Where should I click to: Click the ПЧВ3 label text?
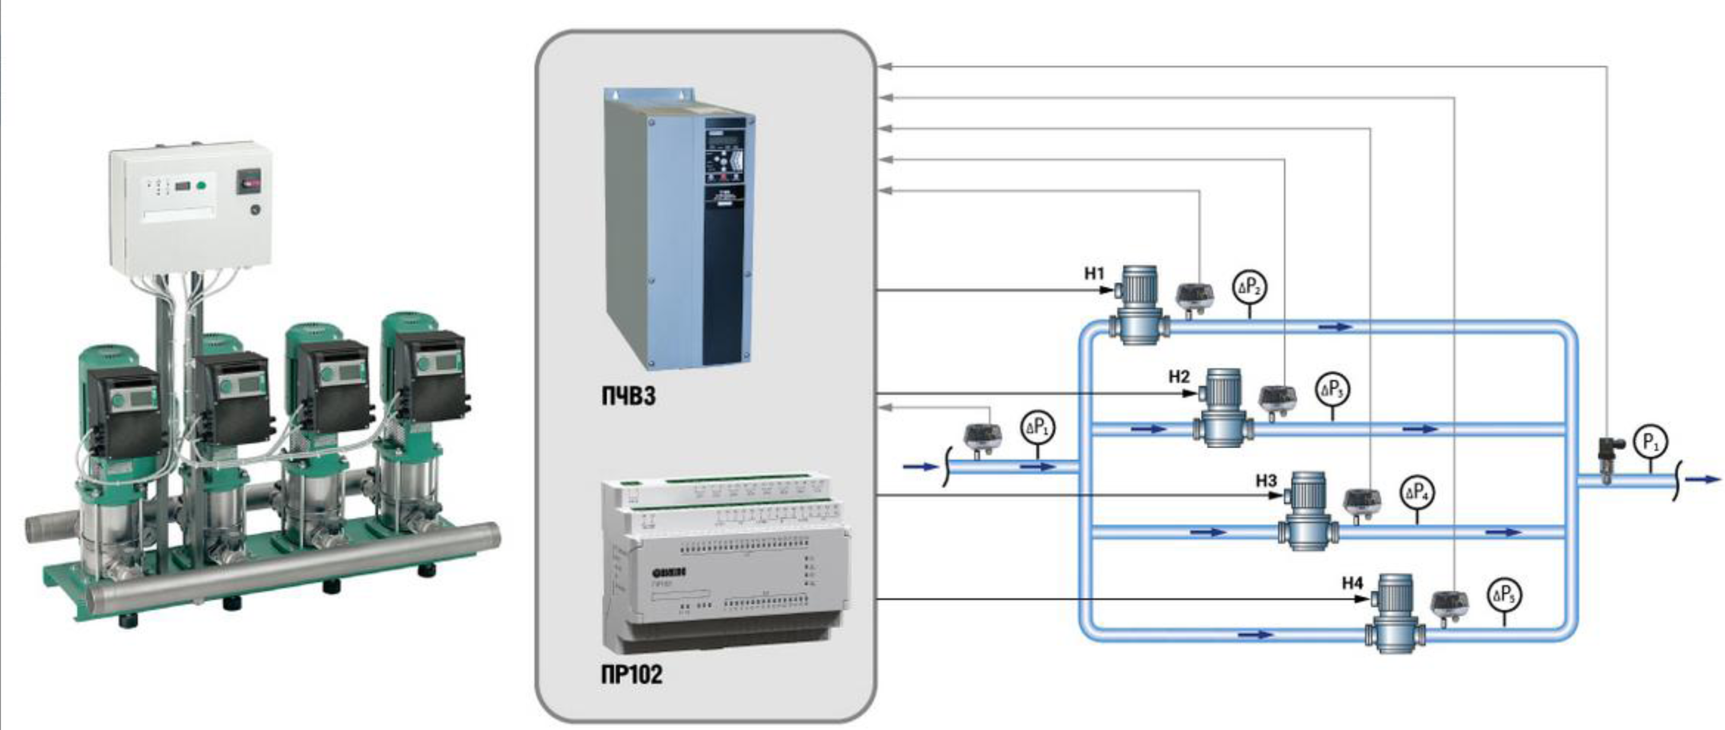(x=628, y=396)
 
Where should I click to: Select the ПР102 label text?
(x=631, y=674)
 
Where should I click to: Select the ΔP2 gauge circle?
(x=1249, y=287)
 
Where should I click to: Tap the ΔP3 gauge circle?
(x=1332, y=389)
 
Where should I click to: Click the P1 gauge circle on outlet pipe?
(x=1650, y=442)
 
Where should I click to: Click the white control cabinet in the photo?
(x=191, y=208)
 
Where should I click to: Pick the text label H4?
(x=1352, y=583)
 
